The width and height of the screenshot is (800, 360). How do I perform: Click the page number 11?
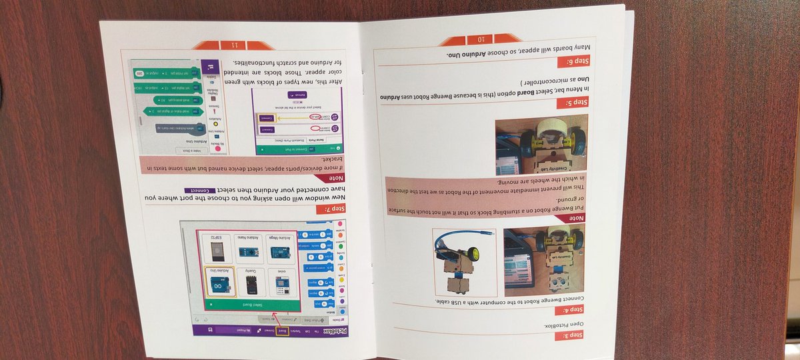234,45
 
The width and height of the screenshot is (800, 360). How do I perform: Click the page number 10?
480,39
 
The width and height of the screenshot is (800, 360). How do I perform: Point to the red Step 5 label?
573,103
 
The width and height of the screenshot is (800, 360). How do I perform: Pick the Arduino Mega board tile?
280,249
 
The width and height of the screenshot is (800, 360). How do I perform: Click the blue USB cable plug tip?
491,233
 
